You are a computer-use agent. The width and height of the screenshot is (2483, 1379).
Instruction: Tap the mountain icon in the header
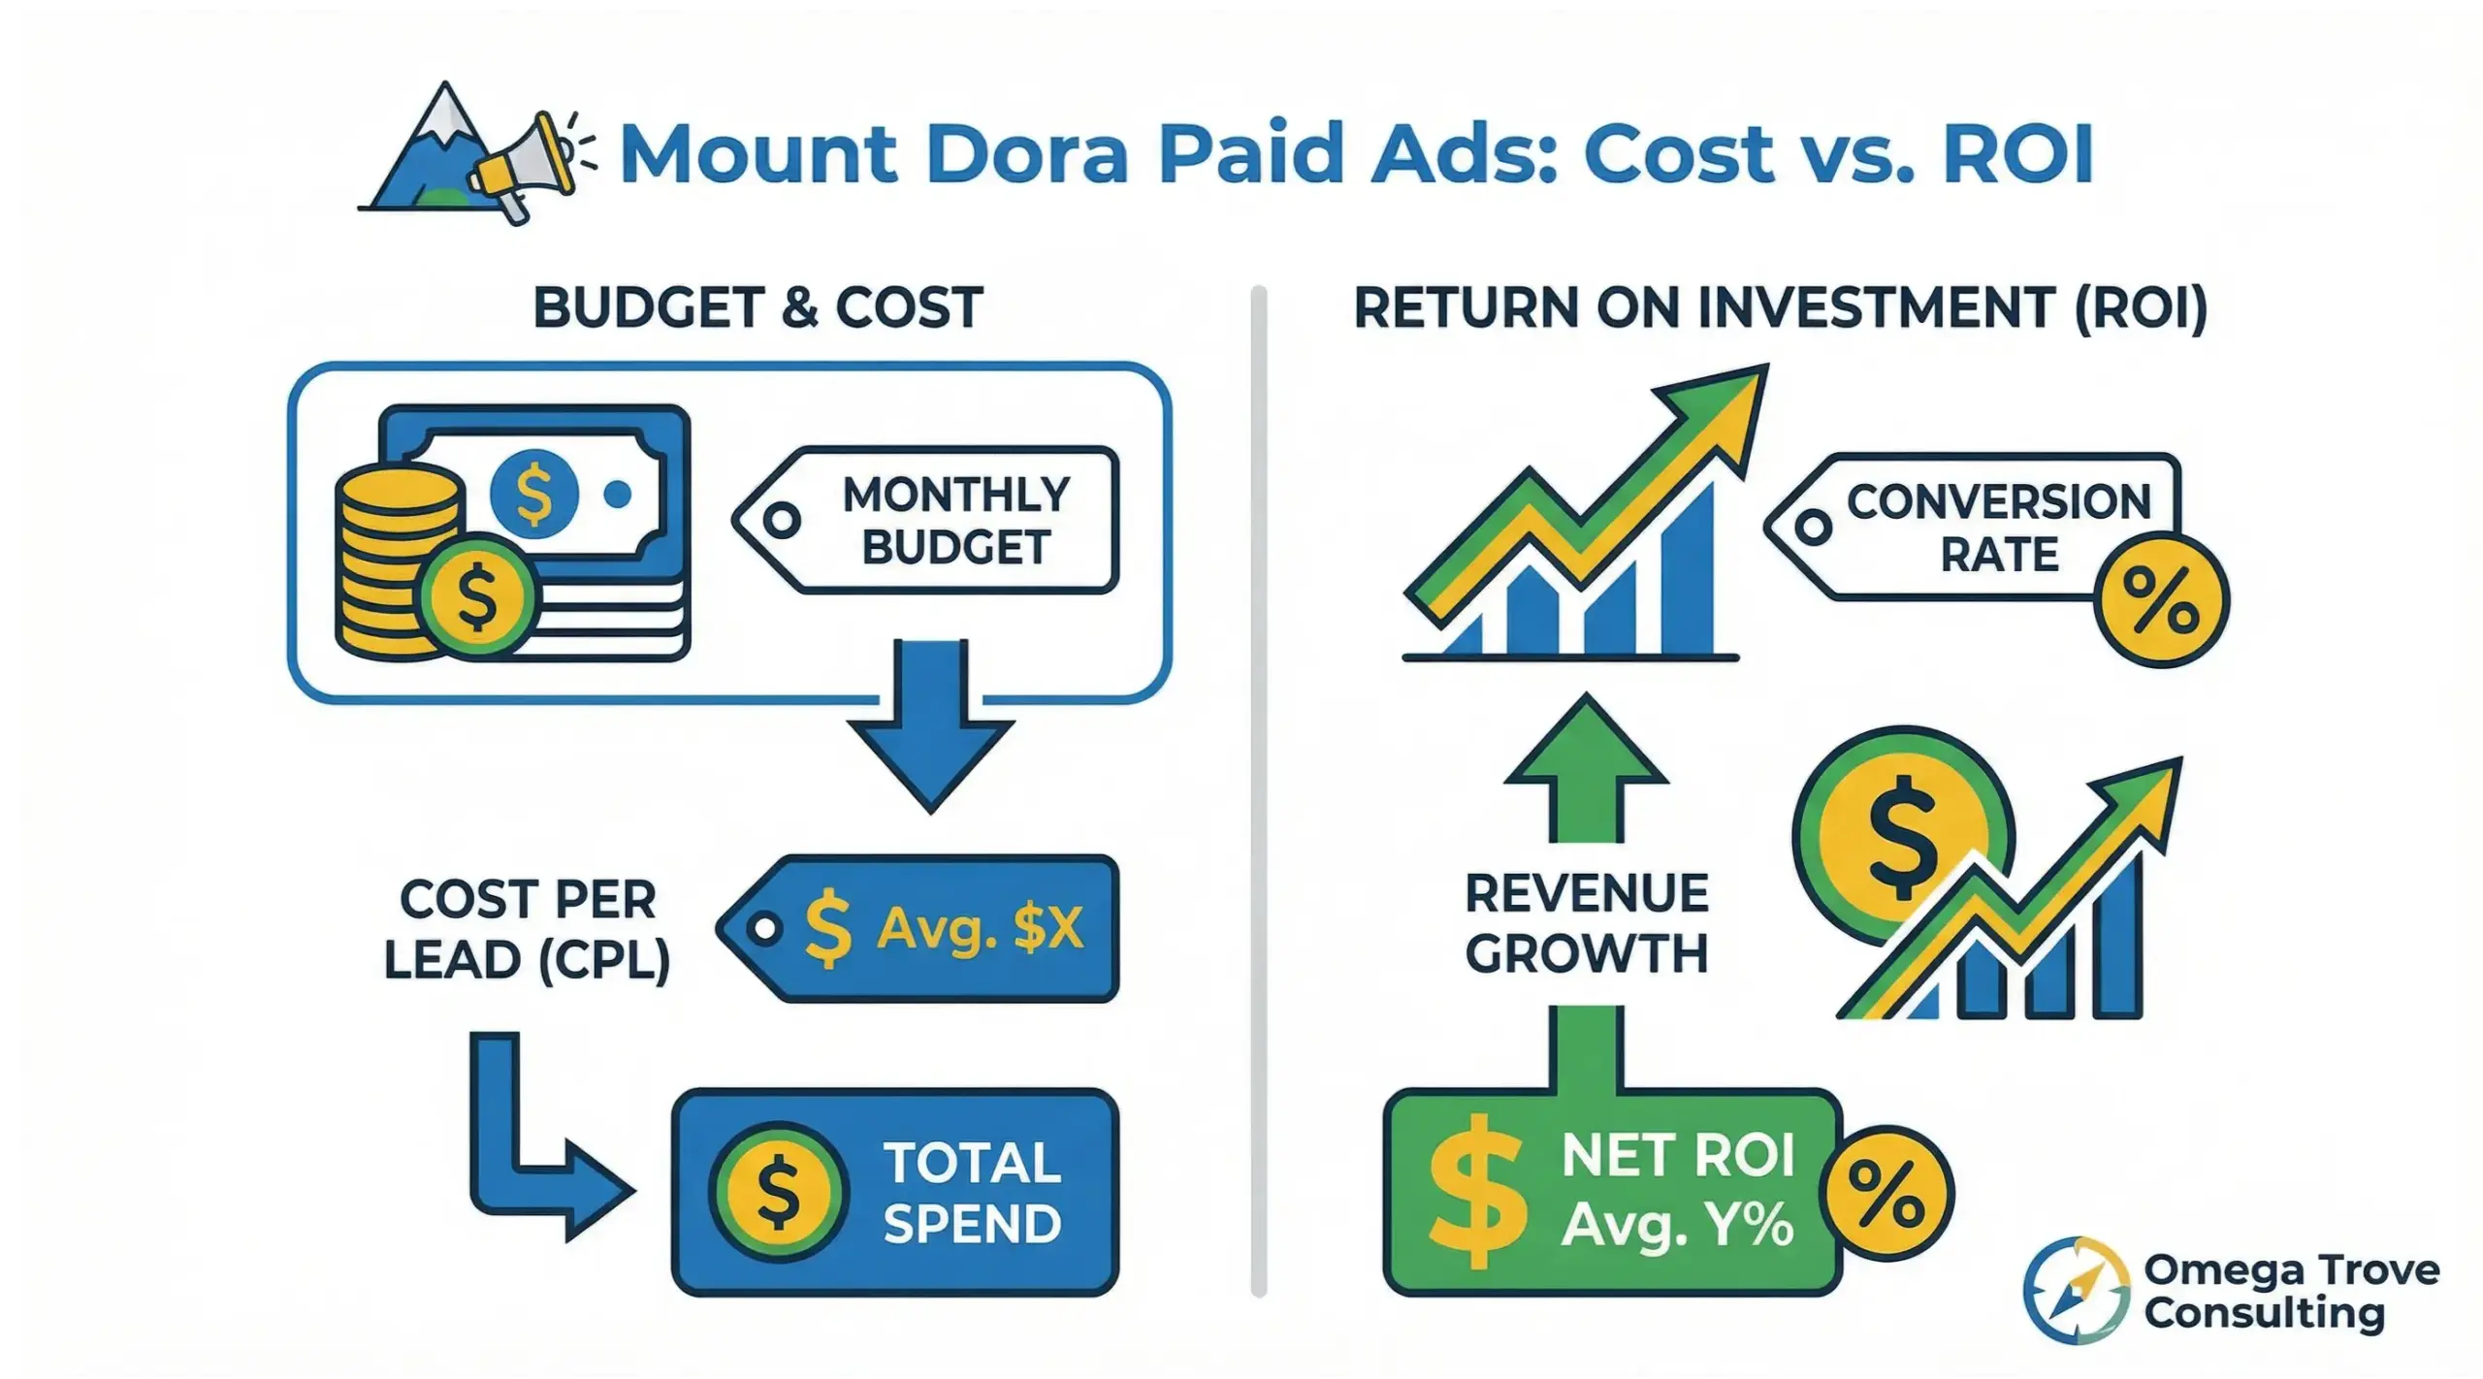coord(427,155)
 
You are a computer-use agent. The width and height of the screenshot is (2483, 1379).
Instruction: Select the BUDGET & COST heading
coord(758,308)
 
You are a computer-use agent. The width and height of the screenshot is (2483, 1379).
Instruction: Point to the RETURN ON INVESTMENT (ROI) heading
coord(1780,308)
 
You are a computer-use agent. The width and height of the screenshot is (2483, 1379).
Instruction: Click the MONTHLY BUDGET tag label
coord(955,521)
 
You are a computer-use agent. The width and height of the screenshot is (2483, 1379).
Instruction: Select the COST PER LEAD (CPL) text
coord(528,929)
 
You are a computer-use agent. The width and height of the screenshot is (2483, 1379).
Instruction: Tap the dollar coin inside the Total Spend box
coord(778,1192)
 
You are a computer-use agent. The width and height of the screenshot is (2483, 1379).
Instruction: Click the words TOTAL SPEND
coord(972,1192)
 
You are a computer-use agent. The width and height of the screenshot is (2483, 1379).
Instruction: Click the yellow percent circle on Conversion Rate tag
coord(2161,601)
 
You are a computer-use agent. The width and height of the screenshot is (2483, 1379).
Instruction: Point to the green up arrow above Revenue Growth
coord(1587,766)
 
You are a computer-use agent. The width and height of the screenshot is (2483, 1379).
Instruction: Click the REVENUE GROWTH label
coord(1587,923)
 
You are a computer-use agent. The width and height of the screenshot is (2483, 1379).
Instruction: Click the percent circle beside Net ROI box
coord(1886,1193)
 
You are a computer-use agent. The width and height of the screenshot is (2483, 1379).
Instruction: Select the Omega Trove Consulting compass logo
coord(2076,1291)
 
